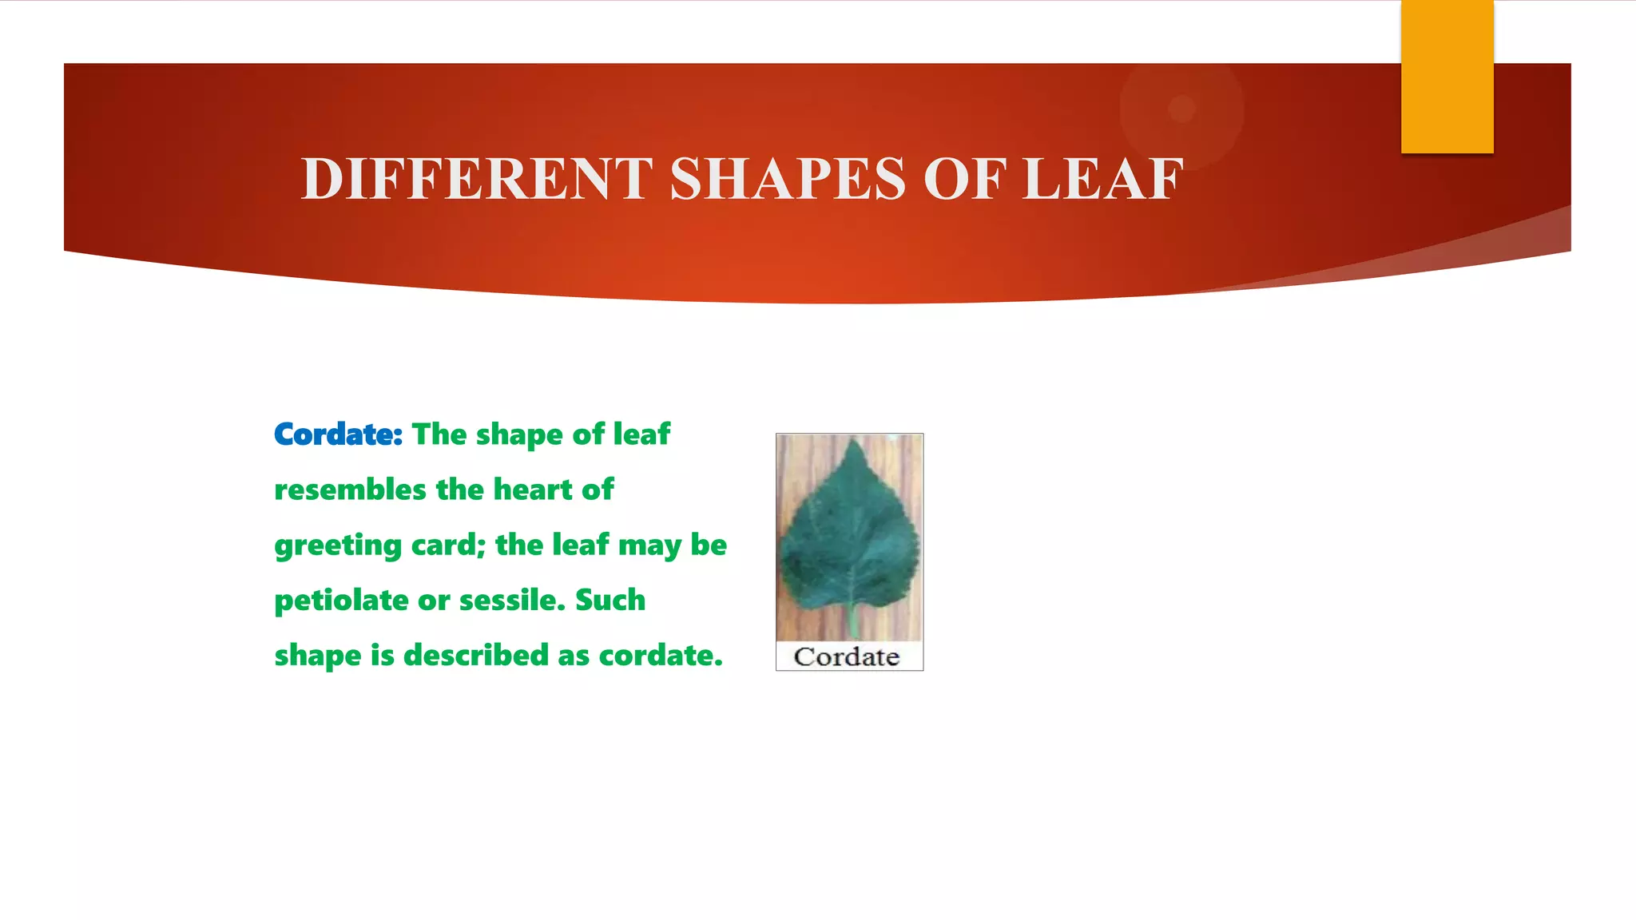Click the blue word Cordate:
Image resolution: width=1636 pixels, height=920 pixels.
tap(338, 434)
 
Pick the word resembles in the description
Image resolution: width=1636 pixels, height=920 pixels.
tap(350, 490)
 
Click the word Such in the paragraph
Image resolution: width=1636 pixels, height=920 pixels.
tap(610, 600)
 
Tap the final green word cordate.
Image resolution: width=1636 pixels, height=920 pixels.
tap(661, 656)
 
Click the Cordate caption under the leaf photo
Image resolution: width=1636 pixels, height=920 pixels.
tap(847, 657)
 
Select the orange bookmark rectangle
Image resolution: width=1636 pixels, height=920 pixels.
tap(1447, 77)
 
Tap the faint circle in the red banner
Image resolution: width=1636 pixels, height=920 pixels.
tap(1181, 109)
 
